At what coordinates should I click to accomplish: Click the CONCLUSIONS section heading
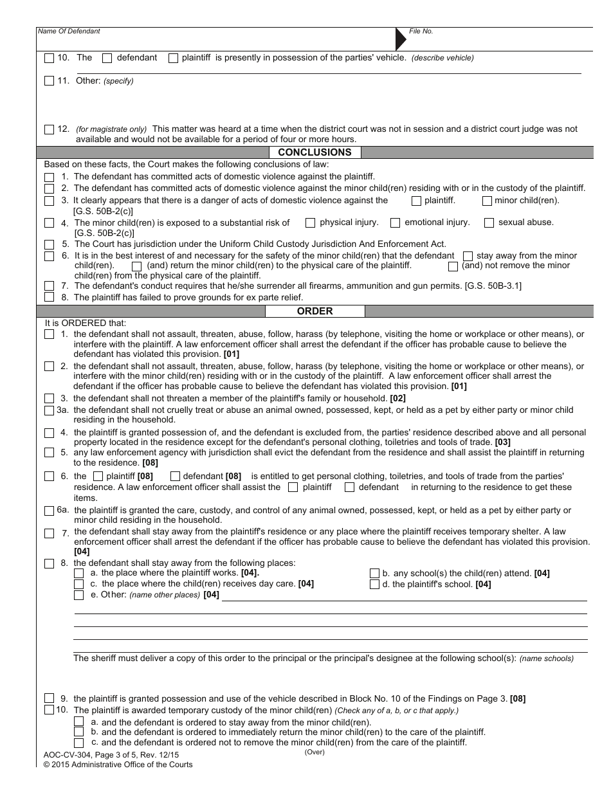point(315,152)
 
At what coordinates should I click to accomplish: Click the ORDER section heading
point(315,311)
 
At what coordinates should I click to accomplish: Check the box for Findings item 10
point(50,58)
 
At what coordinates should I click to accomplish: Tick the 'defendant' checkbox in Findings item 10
point(107,58)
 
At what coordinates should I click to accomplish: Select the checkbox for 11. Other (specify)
point(50,81)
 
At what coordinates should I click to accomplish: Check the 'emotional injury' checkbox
point(396,223)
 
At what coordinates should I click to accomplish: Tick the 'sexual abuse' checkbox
point(489,223)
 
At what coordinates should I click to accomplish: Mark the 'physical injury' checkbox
point(311,223)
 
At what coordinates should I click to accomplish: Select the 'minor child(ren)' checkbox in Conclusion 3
point(487,201)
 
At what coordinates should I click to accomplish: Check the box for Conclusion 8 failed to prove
point(50,297)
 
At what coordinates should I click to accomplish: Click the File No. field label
point(421,31)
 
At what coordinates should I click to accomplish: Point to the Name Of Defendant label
point(69,31)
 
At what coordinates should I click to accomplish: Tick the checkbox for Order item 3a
point(50,410)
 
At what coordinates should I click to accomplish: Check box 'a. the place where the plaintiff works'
point(78,573)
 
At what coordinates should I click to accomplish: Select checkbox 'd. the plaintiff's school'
point(374,585)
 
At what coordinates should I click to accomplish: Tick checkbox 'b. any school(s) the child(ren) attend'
point(374,574)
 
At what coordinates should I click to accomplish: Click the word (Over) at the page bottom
point(315,752)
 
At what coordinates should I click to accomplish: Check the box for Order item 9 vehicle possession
point(50,698)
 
